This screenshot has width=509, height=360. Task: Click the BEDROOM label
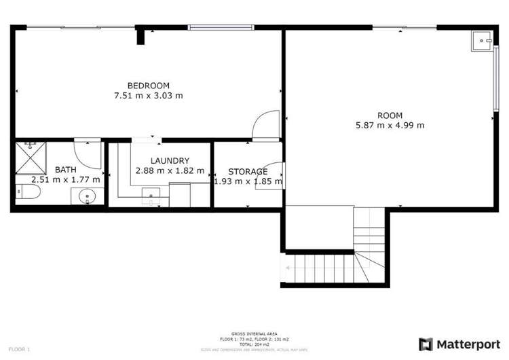point(149,86)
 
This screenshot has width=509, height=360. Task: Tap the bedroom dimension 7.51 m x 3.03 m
point(149,96)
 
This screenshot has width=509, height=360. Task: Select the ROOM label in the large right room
point(390,115)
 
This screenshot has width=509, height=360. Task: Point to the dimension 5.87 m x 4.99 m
point(390,125)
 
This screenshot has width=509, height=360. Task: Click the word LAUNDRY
point(170,161)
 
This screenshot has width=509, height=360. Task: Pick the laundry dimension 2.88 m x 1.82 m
point(170,171)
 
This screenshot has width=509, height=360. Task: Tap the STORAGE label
point(247,171)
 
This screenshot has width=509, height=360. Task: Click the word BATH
point(66,170)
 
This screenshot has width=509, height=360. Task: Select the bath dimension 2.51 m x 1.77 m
point(66,180)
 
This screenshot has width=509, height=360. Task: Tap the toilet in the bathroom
point(28,195)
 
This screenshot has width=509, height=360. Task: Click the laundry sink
point(150,199)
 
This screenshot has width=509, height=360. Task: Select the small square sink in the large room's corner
point(483,41)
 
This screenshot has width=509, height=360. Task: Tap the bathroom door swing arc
point(88,152)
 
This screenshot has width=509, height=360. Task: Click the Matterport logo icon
point(426,343)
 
